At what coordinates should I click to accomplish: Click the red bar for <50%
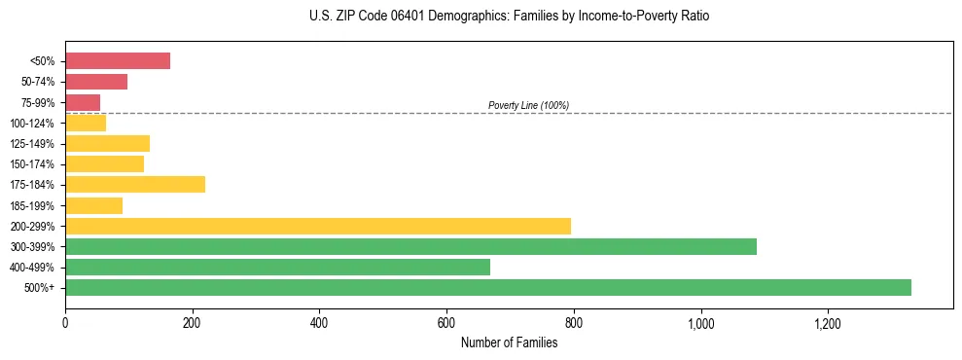117,61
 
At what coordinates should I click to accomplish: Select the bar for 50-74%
95,82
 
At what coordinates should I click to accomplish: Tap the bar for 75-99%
82,102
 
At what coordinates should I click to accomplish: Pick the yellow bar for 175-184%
134,185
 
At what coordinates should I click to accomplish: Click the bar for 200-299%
317,226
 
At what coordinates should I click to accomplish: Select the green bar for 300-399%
410,246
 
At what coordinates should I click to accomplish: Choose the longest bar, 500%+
487,287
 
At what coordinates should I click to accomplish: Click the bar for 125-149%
107,144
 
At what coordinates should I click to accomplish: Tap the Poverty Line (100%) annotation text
528,105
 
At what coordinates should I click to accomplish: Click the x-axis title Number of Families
509,342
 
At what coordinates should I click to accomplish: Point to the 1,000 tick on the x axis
700,323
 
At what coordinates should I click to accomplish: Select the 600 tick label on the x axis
446,323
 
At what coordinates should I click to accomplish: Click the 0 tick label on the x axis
65,323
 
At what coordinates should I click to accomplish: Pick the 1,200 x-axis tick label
828,323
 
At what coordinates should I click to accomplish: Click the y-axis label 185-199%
32,205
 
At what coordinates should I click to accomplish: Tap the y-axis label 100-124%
32,124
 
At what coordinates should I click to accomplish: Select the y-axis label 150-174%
32,164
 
